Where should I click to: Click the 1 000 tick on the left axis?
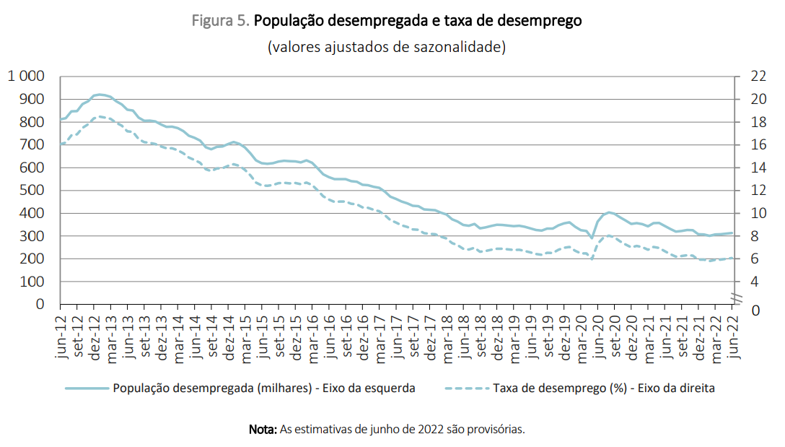tap(26, 76)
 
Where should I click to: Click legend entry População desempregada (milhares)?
tap(263, 388)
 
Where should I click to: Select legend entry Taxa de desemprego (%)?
tap(603, 388)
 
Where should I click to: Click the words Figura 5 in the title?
tap(220, 21)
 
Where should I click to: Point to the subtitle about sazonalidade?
tap(386, 48)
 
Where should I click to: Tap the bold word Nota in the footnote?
tap(263, 429)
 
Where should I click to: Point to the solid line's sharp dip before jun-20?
tap(592, 238)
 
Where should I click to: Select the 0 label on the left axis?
tap(40, 305)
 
